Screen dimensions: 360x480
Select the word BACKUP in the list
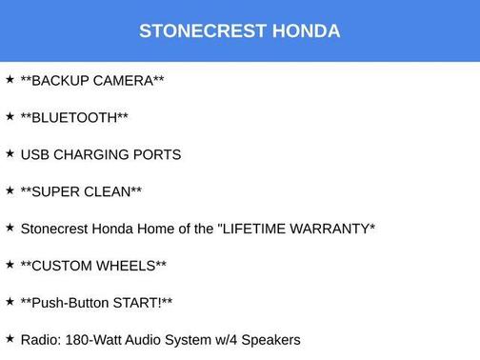coord(61,81)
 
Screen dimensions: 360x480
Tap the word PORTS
coord(157,154)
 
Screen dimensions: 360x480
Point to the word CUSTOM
coord(65,266)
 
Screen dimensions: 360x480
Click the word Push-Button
coord(70,303)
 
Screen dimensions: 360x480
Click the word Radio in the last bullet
coord(40,340)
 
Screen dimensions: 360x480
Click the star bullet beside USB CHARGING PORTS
coord(10,153)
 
